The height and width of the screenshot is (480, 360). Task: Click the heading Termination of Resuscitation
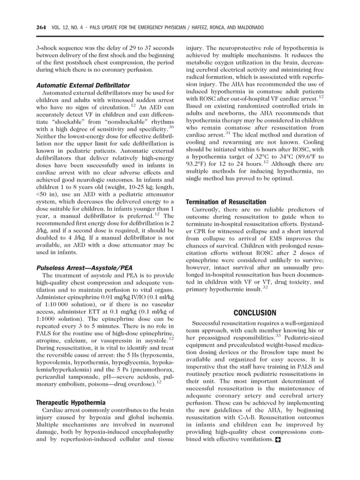pyautogui.click(x=226, y=201)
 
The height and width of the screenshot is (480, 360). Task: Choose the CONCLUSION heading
pyautogui.click(x=254, y=312)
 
